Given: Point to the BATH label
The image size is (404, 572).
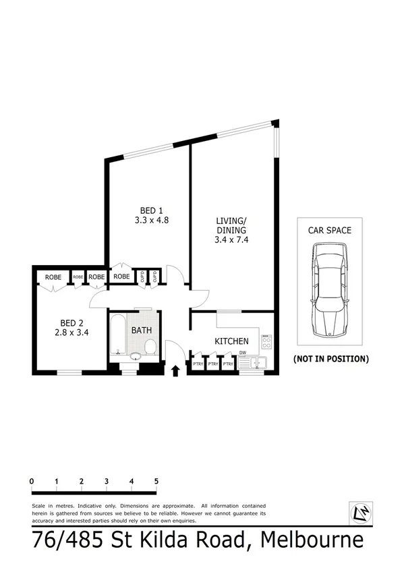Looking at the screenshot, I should [142, 331].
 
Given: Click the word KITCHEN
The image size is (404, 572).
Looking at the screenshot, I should [231, 341].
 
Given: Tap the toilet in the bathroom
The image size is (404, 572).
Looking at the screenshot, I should [150, 347].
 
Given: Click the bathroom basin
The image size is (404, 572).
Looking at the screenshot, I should [136, 355].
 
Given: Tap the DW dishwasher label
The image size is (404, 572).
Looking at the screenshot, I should [241, 352].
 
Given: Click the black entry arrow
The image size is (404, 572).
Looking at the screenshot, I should [177, 370].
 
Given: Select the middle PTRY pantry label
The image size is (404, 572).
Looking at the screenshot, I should [213, 364].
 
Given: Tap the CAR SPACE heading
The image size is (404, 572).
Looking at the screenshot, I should [329, 230].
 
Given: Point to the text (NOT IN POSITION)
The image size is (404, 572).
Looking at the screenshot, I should [330, 359].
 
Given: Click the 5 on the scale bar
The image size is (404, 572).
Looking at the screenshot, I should [156, 481].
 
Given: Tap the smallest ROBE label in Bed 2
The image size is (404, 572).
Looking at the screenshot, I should [78, 277].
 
